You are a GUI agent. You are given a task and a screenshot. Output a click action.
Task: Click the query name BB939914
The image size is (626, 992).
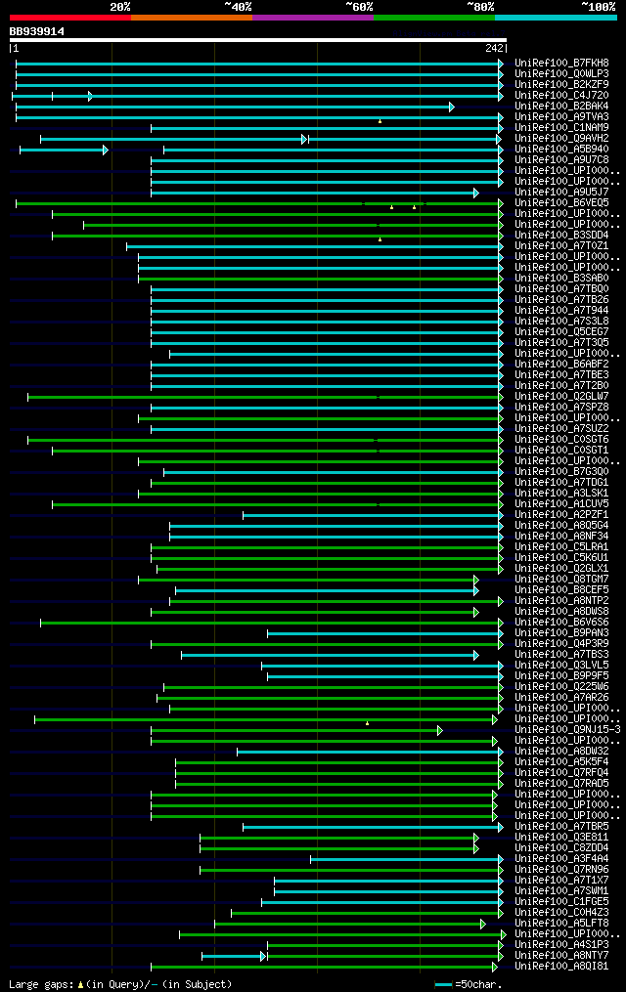(37, 31)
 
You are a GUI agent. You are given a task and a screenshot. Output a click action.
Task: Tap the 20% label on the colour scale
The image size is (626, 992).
(120, 7)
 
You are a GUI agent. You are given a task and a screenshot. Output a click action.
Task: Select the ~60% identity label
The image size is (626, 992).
(359, 7)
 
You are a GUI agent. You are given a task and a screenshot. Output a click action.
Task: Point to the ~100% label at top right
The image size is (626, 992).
(597, 7)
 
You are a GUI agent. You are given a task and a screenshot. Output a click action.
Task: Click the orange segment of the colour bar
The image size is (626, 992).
(191, 18)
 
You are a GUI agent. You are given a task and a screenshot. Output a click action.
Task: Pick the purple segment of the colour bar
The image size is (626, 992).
(312, 18)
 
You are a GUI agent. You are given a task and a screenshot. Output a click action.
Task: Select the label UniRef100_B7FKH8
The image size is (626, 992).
(561, 63)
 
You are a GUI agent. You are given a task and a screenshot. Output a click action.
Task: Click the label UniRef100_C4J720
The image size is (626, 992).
(561, 95)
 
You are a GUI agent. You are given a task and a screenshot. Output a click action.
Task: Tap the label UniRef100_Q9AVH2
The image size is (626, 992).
(561, 138)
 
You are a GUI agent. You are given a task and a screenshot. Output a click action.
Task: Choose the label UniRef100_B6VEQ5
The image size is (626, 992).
(561, 202)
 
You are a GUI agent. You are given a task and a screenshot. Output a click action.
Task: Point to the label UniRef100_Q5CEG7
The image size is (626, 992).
(561, 331)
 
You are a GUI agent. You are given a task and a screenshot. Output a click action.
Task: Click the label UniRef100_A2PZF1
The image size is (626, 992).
(561, 514)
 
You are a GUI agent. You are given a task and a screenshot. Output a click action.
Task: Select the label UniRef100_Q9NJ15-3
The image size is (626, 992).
(567, 729)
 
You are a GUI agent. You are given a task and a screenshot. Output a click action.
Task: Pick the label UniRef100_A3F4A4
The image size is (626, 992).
(561, 858)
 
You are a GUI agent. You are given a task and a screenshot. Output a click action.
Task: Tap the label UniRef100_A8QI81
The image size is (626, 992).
(561, 966)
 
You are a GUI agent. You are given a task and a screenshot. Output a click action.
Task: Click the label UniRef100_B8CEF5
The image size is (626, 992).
(561, 589)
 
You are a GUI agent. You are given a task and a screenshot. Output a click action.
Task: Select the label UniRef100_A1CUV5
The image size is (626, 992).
(561, 503)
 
